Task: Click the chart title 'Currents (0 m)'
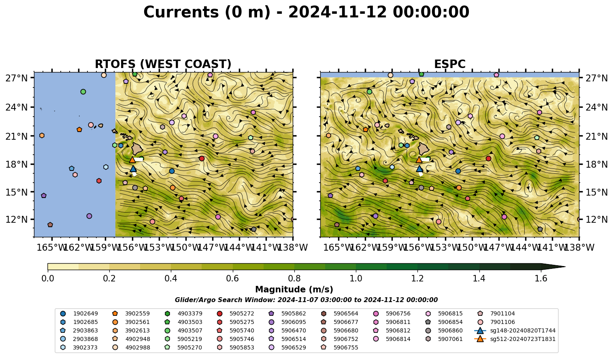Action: [x=207, y=12]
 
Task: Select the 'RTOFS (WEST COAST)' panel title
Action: [x=163, y=64]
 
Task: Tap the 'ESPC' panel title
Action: [x=450, y=64]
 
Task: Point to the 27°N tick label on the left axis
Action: [x=17, y=78]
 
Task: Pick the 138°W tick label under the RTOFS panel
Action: [x=293, y=247]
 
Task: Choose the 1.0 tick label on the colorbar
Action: [x=356, y=279]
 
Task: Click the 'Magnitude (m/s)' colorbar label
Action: [x=294, y=290]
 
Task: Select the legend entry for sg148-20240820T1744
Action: [x=515, y=330]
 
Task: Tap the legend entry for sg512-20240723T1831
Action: [x=515, y=339]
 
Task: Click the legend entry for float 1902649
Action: [x=79, y=313]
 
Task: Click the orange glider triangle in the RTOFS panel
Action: [x=132, y=160]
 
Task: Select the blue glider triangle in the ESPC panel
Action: [x=419, y=168]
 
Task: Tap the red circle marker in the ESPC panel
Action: [x=488, y=158]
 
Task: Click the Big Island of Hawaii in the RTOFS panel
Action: [x=137, y=149]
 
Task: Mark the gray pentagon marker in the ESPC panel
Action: [x=540, y=229]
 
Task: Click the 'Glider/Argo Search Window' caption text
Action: [x=306, y=300]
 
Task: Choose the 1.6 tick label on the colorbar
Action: [x=541, y=279]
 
